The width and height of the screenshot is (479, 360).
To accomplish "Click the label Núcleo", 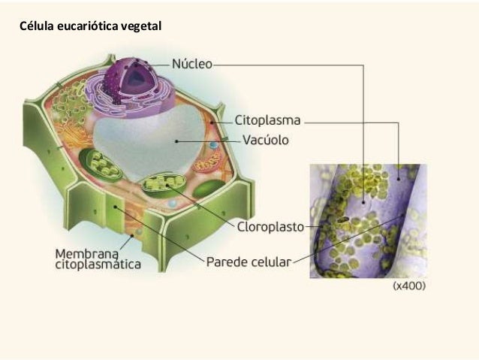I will pos(192,65).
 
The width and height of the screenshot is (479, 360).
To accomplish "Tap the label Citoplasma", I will pos(268,119).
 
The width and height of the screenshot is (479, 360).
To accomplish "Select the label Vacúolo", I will pos(267,140).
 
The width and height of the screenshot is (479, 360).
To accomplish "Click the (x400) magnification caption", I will pos(409,287).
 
